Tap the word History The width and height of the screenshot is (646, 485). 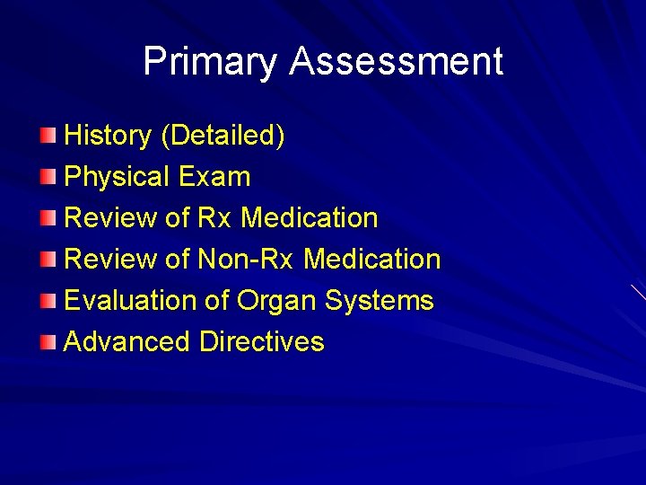point(108,136)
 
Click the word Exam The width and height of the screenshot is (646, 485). point(214,177)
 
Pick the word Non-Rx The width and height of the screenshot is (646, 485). point(247,260)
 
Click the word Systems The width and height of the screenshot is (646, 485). point(380,301)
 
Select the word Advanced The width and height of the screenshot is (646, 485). point(127,342)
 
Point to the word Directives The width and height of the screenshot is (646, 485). point(262,342)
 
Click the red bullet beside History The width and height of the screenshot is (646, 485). point(48,136)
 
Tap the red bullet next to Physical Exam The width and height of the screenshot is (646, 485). point(48,177)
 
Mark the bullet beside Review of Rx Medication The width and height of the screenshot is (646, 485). point(48,218)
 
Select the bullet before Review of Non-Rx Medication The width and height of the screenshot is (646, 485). point(48,260)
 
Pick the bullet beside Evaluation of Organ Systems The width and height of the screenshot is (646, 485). point(48,301)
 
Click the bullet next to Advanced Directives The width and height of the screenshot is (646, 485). point(48,342)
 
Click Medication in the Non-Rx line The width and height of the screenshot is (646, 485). point(372,260)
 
